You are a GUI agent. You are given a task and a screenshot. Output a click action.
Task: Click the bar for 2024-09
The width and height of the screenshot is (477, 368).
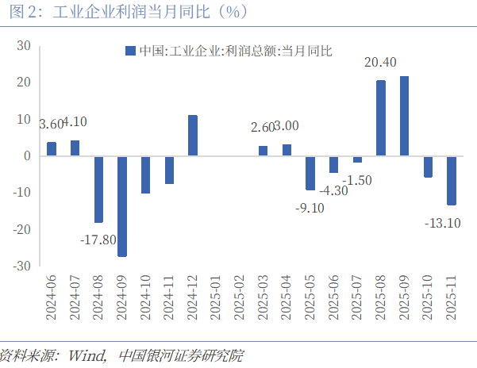coord(122,206)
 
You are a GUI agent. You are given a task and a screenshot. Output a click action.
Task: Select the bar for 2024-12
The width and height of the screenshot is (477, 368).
coord(193,136)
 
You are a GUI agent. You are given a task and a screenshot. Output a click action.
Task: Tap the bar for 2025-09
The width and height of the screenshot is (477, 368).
coord(404,117)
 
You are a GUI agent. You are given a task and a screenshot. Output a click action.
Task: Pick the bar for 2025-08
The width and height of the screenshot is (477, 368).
coord(381,118)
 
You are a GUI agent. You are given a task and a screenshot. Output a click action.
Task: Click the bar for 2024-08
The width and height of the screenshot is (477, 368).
coord(98,189)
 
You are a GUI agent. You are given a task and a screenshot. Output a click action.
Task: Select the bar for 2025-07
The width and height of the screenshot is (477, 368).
coord(357,159)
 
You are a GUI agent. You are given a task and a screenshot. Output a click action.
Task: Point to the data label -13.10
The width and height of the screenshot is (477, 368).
coord(443,223)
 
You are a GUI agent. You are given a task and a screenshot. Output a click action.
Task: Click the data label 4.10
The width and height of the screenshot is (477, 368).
coord(75,122)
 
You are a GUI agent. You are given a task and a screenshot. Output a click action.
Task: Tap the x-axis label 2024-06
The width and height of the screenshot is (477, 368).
coord(52,298)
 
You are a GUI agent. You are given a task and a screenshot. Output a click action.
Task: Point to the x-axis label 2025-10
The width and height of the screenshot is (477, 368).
coord(428,298)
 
